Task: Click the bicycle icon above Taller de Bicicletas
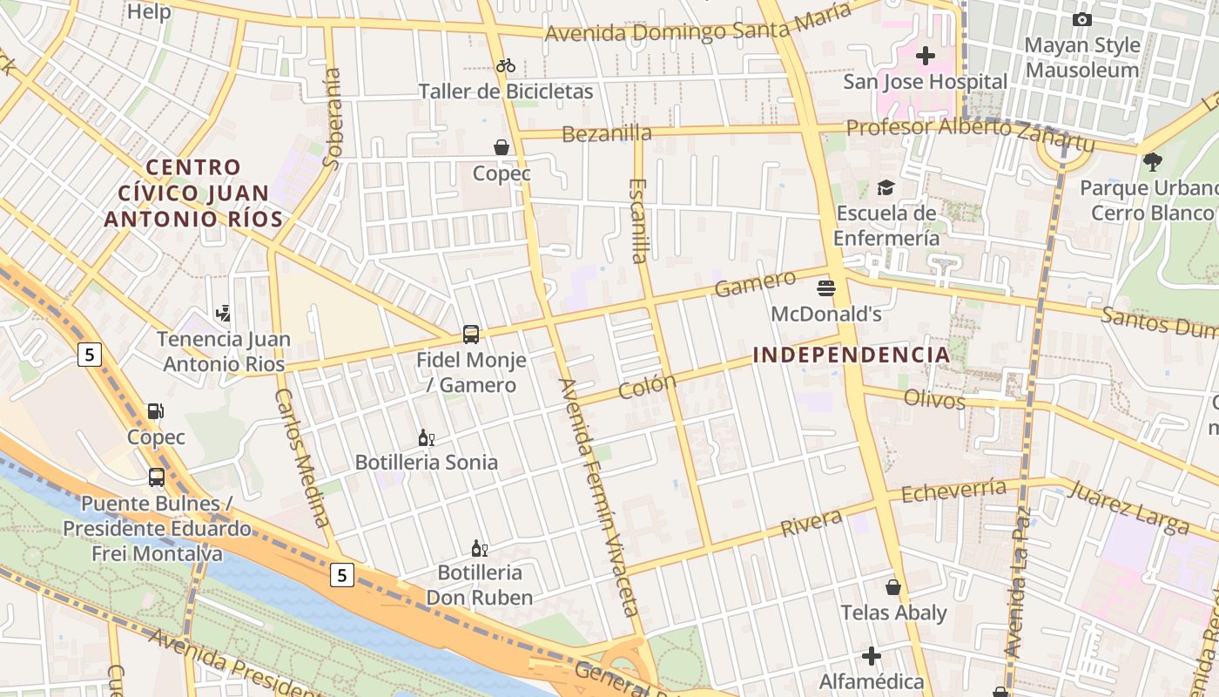click(x=506, y=65)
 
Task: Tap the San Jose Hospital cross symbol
click(x=926, y=57)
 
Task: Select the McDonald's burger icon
click(x=826, y=288)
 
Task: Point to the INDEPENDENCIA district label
click(x=851, y=355)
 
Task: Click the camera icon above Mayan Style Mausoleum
click(x=1082, y=19)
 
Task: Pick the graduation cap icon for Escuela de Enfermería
click(x=886, y=187)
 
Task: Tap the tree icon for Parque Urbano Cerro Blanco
click(x=1153, y=161)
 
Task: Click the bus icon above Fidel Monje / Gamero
click(x=471, y=334)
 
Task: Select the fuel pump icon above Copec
click(x=156, y=411)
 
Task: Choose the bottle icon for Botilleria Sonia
click(x=426, y=437)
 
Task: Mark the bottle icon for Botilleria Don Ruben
click(x=479, y=548)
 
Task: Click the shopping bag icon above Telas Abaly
click(x=893, y=587)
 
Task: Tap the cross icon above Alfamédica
click(x=872, y=655)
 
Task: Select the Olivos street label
click(x=935, y=399)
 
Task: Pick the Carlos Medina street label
click(x=303, y=457)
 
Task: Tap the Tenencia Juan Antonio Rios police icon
click(x=224, y=313)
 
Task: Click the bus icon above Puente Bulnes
click(x=157, y=477)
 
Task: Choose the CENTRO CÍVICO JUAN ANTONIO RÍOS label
click(x=193, y=193)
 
